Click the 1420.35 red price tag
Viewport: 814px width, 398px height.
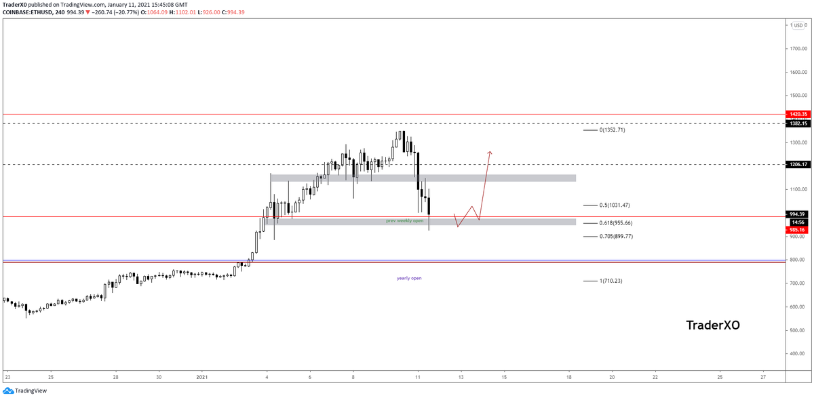click(796, 115)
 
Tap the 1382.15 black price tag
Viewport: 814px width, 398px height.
click(796, 123)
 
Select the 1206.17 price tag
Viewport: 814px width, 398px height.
click(796, 164)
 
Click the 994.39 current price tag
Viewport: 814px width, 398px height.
click(796, 214)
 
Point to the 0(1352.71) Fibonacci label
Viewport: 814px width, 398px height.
click(613, 130)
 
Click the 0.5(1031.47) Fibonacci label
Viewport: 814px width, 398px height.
click(615, 205)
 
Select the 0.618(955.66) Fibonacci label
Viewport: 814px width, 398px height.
click(617, 222)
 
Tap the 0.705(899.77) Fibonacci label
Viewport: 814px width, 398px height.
click(617, 236)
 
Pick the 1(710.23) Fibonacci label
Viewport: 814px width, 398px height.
click(610, 281)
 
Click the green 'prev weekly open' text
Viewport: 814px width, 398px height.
click(404, 220)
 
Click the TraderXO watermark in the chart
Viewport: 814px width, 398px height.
click(713, 325)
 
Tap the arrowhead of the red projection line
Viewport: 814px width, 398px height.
click(490, 152)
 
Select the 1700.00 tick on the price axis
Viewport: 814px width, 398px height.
click(798, 49)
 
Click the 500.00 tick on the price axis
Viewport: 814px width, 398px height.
click(798, 330)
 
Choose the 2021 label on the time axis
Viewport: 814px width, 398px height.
click(203, 376)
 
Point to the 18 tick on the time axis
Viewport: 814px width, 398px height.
click(568, 376)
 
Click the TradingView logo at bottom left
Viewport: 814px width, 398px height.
click(26, 391)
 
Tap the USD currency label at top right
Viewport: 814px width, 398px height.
click(798, 25)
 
